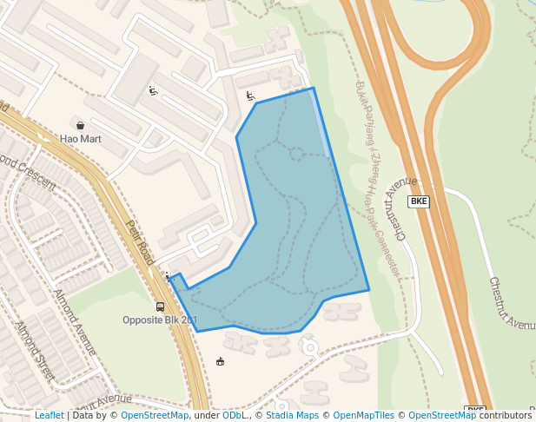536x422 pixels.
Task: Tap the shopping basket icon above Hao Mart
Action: tap(81, 125)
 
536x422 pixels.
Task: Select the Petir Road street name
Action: tap(140, 244)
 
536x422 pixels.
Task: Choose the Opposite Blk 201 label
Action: tap(160, 320)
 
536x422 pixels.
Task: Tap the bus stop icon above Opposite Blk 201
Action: tap(160, 307)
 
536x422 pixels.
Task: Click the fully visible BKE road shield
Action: tap(420, 201)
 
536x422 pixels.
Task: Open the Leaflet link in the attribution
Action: tap(49, 415)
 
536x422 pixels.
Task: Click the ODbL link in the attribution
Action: tap(235, 415)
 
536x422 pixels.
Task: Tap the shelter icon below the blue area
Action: tap(220, 361)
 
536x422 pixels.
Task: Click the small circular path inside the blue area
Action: tap(296, 155)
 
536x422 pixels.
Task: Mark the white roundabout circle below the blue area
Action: tap(309, 346)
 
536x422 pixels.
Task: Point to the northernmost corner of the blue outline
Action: tap(314, 88)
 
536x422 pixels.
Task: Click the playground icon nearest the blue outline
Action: tap(250, 96)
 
